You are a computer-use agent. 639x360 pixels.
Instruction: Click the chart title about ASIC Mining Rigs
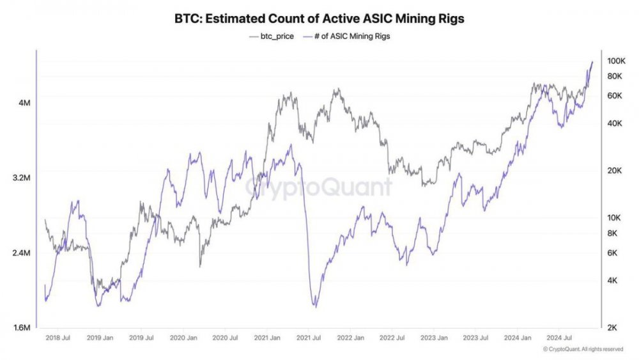click(319, 19)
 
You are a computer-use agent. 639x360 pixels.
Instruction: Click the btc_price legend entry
click(272, 36)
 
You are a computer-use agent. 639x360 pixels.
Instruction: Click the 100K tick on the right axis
click(616, 61)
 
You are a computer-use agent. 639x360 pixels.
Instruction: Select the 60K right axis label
click(614, 96)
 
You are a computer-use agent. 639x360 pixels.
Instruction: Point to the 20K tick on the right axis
click(614, 171)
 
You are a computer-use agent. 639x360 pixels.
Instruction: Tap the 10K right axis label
click(614, 218)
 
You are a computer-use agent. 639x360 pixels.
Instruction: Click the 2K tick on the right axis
click(612, 328)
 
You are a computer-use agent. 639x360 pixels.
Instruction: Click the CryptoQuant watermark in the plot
click(319, 187)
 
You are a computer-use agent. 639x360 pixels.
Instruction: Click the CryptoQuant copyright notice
click(583, 349)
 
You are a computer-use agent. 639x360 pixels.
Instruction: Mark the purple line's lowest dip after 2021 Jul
click(314, 306)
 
